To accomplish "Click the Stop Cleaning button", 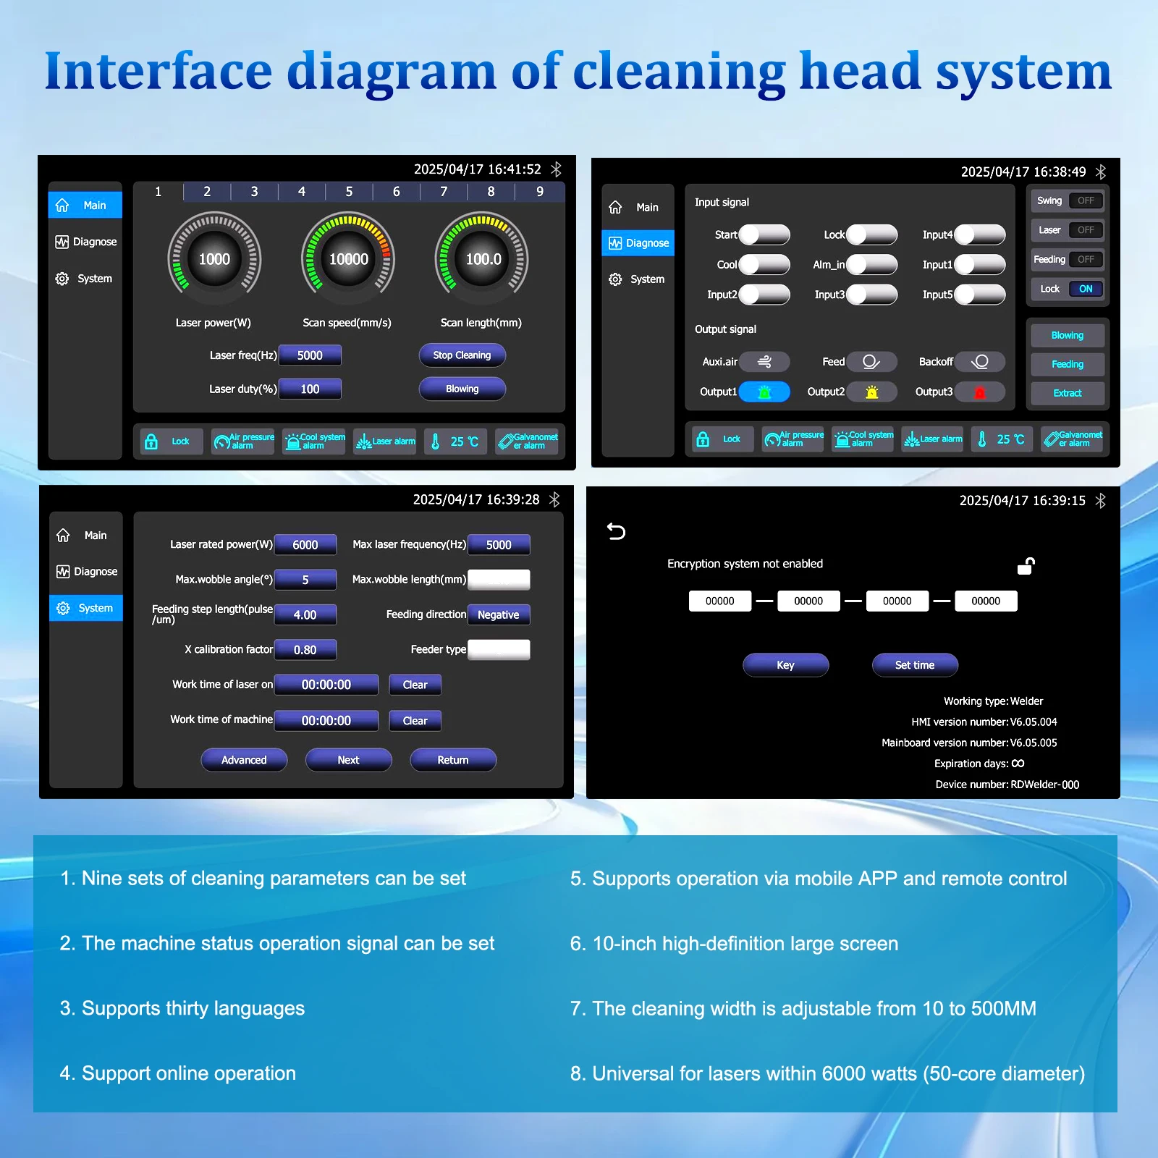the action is (x=462, y=355).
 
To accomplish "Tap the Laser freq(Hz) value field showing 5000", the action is (x=310, y=355).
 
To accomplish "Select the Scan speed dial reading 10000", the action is (x=348, y=259).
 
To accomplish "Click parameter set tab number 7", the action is (x=444, y=192).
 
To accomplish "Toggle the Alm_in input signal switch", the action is (x=872, y=264).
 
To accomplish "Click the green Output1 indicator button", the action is (x=764, y=392).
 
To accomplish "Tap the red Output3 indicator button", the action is (x=980, y=392).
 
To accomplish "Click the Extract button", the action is (x=1068, y=393).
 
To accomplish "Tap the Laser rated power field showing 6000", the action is (x=305, y=545).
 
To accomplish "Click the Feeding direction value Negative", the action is (x=499, y=614).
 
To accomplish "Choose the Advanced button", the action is (x=244, y=760).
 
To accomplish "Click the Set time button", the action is (x=915, y=665).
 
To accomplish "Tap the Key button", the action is (x=785, y=665).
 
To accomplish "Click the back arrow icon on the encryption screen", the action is (x=616, y=532).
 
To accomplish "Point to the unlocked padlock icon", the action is (x=1026, y=566).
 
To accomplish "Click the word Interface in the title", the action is (x=159, y=71).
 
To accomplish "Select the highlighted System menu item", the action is (x=86, y=608).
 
